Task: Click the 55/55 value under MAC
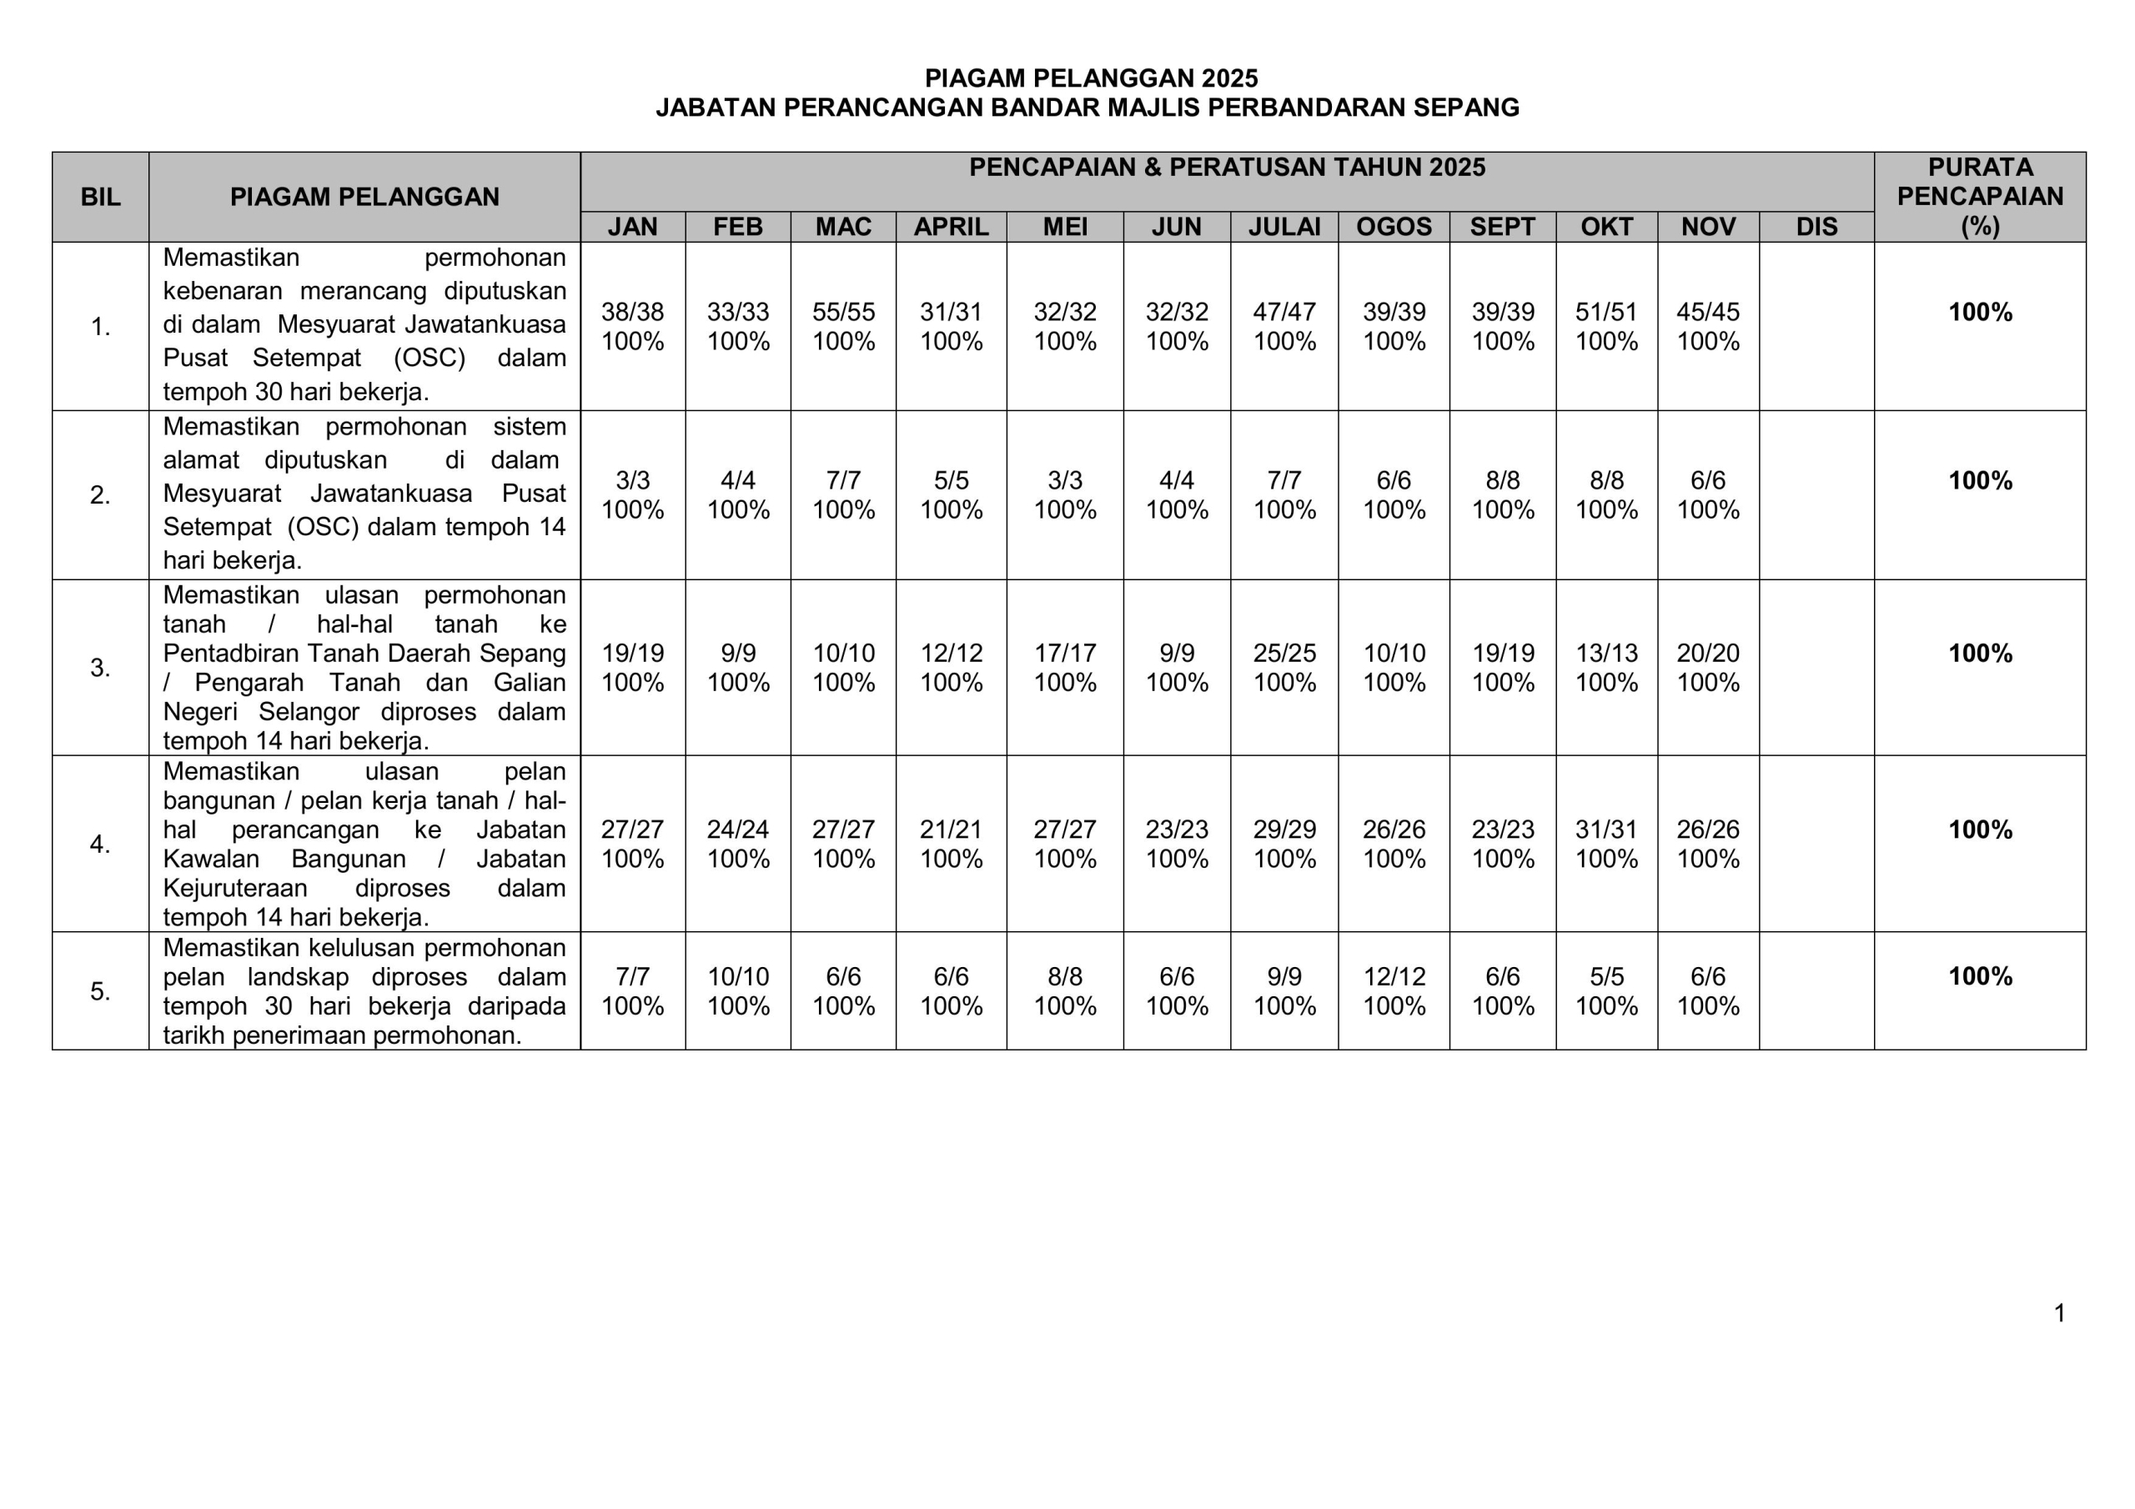pyautogui.click(x=842, y=312)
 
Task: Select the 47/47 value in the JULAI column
pyautogui.click(x=1284, y=312)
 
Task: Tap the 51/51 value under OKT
pyautogui.click(x=1606, y=312)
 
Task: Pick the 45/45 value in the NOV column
pyautogui.click(x=1707, y=312)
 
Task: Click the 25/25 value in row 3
pyautogui.click(x=1284, y=653)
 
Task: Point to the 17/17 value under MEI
pyautogui.click(x=1065, y=653)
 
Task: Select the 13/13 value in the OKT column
pyautogui.click(x=1606, y=653)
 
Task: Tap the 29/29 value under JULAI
pyautogui.click(x=1284, y=829)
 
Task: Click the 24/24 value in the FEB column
pyautogui.click(x=737, y=829)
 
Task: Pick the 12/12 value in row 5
pyautogui.click(x=1393, y=976)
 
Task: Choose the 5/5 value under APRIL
pyautogui.click(x=951, y=479)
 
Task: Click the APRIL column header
pyautogui.click(x=951, y=227)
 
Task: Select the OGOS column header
pyautogui.click(x=1393, y=227)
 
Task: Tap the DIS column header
pyautogui.click(x=1816, y=227)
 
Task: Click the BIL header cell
pyautogui.click(x=100, y=197)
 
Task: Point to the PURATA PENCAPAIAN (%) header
pyautogui.click(x=1980, y=196)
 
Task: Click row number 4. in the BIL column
pyautogui.click(x=100, y=845)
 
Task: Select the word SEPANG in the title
pyautogui.click(x=1465, y=108)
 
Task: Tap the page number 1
pyautogui.click(x=2060, y=1313)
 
